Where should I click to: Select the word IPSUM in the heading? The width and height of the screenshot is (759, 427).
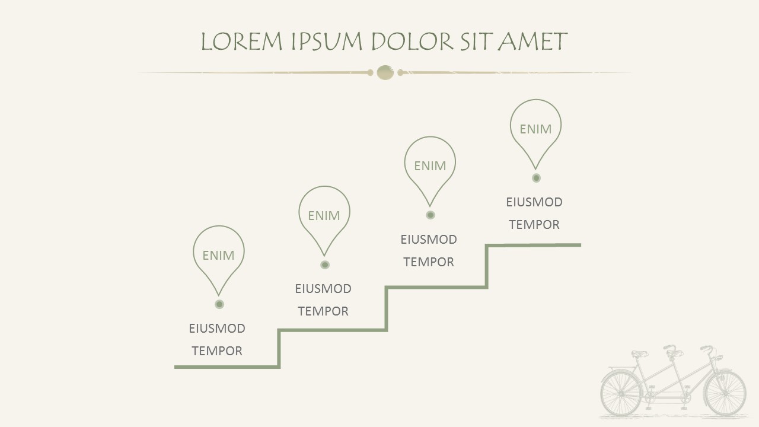coord(327,42)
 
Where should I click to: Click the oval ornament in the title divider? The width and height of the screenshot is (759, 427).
coord(385,72)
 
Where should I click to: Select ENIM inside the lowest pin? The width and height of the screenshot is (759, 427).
coord(218,255)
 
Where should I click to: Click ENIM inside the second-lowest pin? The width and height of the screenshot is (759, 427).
coord(324,215)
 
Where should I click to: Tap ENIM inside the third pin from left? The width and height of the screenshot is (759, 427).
coord(430,166)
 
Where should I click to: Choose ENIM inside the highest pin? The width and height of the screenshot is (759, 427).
coord(535,129)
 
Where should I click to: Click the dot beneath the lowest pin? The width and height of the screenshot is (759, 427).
coord(219,304)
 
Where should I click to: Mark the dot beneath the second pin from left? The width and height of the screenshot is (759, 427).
coord(325,265)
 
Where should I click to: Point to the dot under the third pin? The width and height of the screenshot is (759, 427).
coord(430,215)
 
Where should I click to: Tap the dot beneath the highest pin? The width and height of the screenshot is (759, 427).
coord(536,178)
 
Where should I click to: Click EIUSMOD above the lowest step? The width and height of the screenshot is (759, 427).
coord(217,328)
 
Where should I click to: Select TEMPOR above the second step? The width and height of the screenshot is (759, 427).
coord(323,311)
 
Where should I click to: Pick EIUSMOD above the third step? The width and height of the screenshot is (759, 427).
coord(429,240)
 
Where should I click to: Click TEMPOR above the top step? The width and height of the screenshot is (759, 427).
coord(534,224)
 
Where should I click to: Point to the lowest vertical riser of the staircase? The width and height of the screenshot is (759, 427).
coord(279,349)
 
